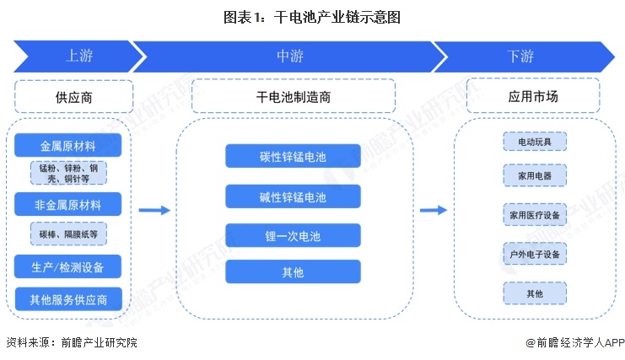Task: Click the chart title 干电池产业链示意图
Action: (312, 16)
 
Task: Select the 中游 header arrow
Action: (290, 56)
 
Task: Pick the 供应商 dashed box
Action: (68, 97)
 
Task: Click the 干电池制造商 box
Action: (293, 97)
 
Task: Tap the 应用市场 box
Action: (534, 97)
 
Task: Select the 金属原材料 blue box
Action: (68, 145)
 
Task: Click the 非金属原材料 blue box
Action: (68, 204)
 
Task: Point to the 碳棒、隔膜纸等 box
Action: (68, 234)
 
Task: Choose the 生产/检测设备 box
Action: (68, 267)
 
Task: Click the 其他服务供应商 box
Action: (68, 298)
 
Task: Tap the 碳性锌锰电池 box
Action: (293, 156)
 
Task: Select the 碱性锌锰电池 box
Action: (293, 197)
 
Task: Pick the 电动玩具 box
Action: (535, 142)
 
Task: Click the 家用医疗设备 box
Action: (535, 215)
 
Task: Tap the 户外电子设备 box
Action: (535, 253)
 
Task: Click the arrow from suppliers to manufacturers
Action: (154, 210)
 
